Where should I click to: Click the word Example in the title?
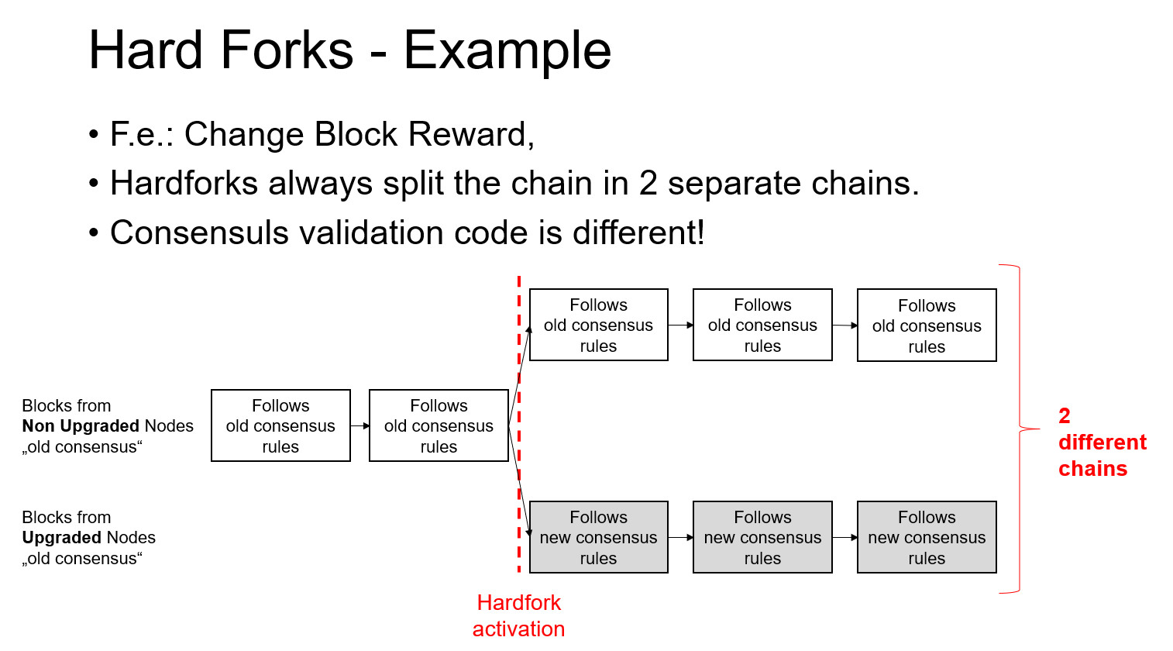pyautogui.click(x=507, y=51)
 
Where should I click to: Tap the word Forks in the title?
pyautogui.click(x=287, y=51)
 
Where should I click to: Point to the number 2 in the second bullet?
pyautogui.click(x=648, y=184)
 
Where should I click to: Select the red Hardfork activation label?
pyautogui.click(x=518, y=615)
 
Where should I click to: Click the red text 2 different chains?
pyautogui.click(x=1100, y=443)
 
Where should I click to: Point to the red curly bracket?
pyautogui.click(x=1018, y=429)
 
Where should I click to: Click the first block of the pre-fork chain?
pyautogui.click(x=280, y=425)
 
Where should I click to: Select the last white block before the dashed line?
pyautogui.click(x=439, y=425)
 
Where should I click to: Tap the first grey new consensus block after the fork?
pyautogui.click(x=598, y=537)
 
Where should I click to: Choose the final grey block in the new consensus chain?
pyautogui.click(x=927, y=537)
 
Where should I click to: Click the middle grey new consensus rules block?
pyautogui.click(x=762, y=537)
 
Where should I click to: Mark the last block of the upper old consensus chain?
pyautogui.click(x=927, y=325)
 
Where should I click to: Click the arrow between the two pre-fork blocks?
pyautogui.click(x=359, y=425)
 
